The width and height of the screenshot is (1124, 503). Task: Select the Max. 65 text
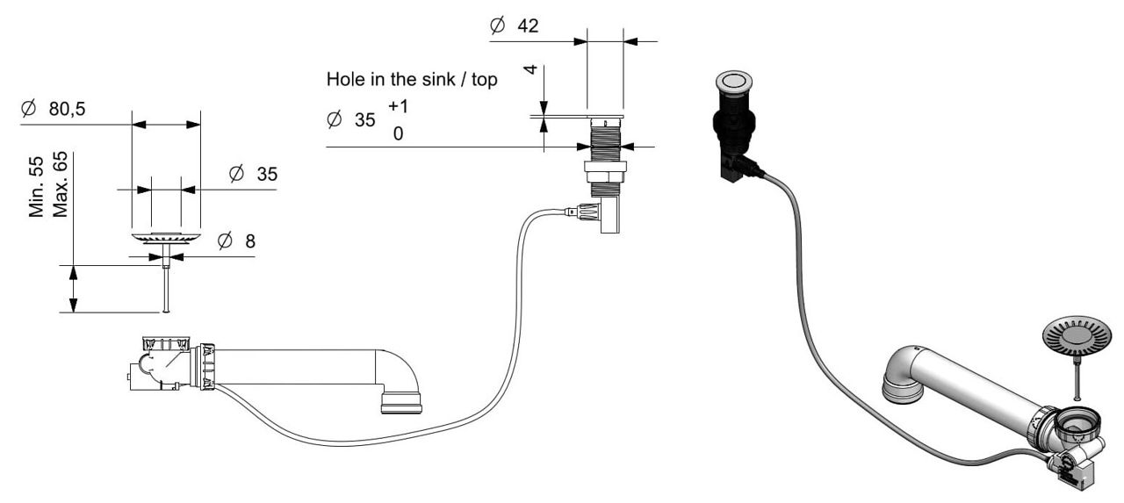[60, 185]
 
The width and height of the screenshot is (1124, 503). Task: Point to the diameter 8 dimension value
[250, 241]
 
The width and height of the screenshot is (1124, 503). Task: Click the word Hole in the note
[343, 80]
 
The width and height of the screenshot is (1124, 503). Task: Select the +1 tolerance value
[398, 106]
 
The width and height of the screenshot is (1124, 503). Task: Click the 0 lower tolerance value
[398, 135]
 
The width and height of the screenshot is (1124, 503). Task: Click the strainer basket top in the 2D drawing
[166, 237]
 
